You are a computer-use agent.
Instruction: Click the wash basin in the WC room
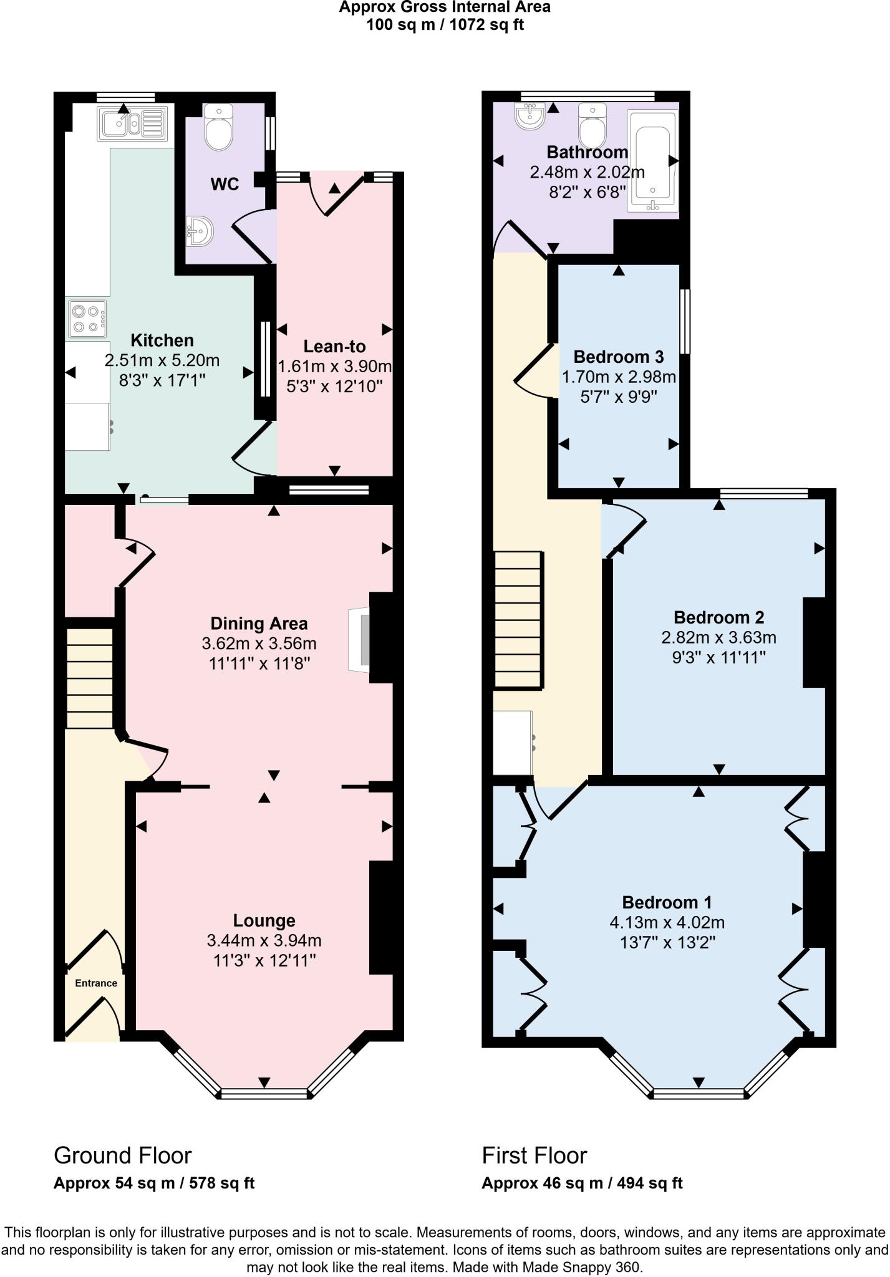200,231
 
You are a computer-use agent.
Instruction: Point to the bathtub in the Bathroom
652,160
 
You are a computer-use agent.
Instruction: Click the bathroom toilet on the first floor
592,125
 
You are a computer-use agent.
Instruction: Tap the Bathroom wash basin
531,115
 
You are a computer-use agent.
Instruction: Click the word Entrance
96,983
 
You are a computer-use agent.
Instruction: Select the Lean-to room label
334,347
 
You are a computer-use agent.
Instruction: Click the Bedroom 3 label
618,357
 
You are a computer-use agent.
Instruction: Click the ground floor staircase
90,678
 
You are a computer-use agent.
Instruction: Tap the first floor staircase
518,620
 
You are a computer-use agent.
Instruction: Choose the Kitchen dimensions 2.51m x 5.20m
162,360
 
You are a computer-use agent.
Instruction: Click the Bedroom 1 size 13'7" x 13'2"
667,942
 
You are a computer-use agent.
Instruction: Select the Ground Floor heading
122,1156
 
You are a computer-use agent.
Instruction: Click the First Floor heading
534,1156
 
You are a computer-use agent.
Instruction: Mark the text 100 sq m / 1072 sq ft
445,26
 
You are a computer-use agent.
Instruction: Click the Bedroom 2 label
718,617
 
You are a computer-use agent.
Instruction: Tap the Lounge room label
264,920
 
